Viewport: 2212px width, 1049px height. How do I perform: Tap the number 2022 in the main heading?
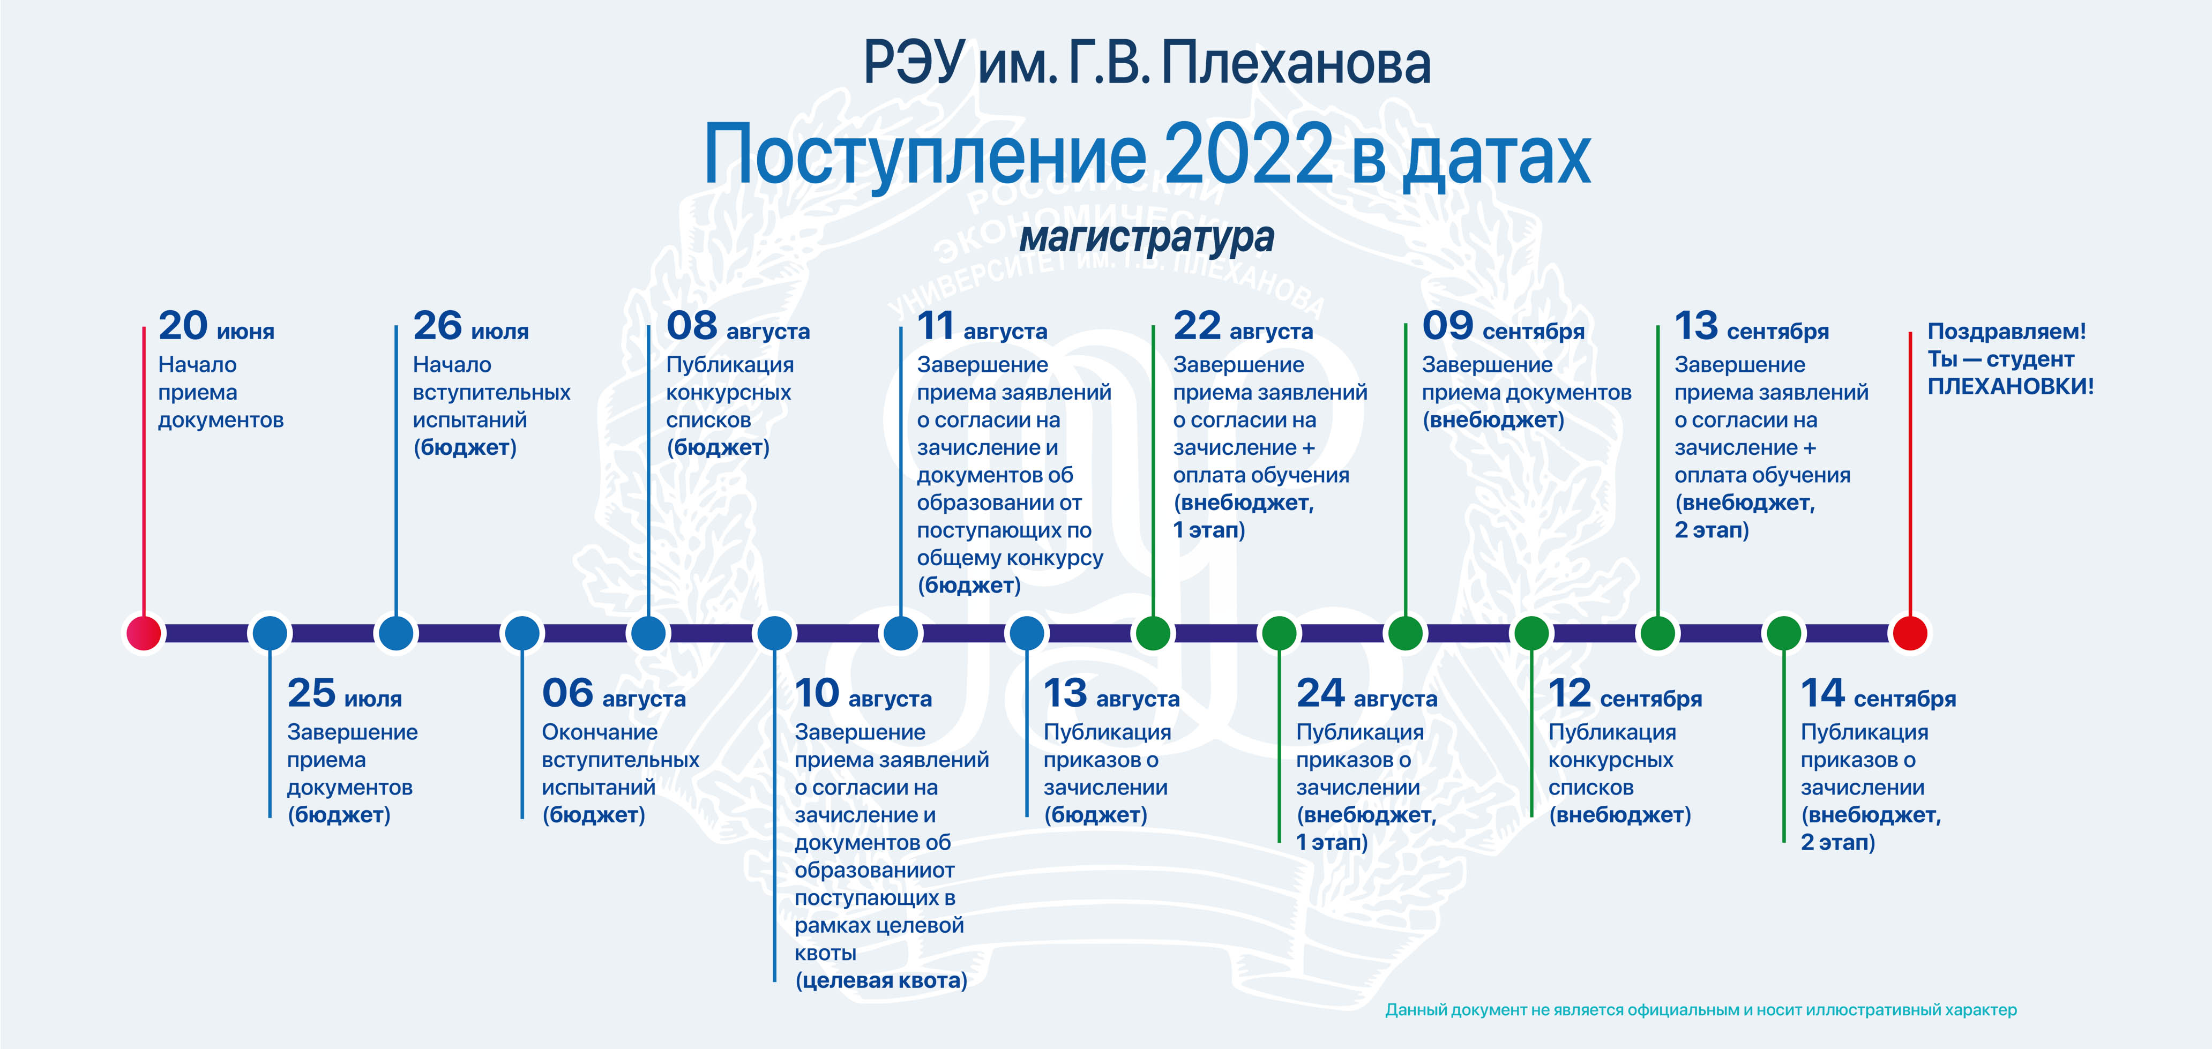pyautogui.click(x=1247, y=154)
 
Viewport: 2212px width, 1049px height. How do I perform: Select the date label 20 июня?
pyautogui.click(x=216, y=326)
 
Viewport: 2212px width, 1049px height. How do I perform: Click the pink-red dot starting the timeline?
pyautogui.click(x=144, y=633)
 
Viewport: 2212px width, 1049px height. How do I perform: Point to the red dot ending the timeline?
pyautogui.click(x=1910, y=633)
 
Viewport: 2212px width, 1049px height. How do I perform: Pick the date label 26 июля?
pyautogui.click(x=470, y=326)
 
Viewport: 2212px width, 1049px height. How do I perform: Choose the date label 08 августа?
pyautogui.click(x=738, y=326)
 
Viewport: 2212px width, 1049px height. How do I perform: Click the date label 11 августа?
pyautogui.click(x=982, y=326)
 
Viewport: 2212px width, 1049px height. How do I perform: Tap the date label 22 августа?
pyautogui.click(x=1243, y=326)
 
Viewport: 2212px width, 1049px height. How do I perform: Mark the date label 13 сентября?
pyautogui.click(x=1752, y=326)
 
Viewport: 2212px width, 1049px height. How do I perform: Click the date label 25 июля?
pyautogui.click(x=345, y=694)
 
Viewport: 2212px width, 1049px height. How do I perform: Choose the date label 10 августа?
pyautogui.click(x=863, y=694)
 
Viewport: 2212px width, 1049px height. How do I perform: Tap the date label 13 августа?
pyautogui.click(x=1112, y=694)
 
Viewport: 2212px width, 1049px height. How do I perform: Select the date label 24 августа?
pyautogui.click(x=1367, y=694)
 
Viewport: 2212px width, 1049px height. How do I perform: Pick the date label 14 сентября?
pyautogui.click(x=1879, y=694)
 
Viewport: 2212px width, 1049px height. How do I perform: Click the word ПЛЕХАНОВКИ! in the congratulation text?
pyautogui.click(x=2010, y=386)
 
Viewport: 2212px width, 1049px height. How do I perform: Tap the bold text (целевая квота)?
pyautogui.click(x=881, y=980)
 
